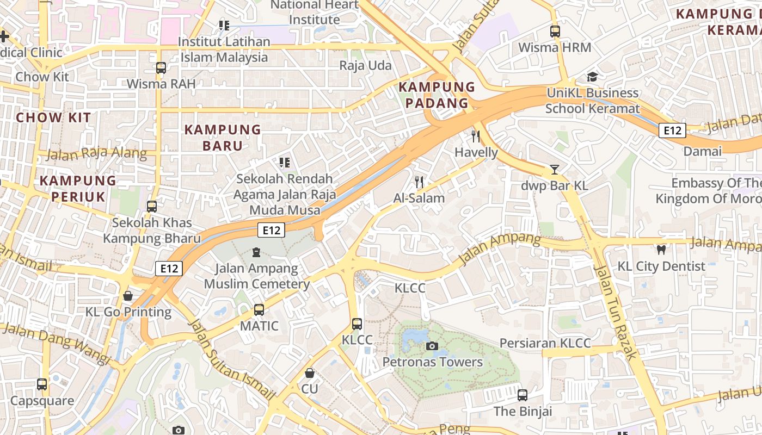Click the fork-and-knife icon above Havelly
(476, 136)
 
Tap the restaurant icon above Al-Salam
(419, 182)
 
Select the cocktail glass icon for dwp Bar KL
(554, 169)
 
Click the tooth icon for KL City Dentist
(661, 250)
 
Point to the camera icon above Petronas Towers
(432, 346)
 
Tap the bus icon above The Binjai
(523, 395)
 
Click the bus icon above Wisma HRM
(555, 32)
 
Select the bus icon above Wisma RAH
(161, 68)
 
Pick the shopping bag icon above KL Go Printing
(128, 296)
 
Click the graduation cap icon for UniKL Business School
(592, 77)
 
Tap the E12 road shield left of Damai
(672, 130)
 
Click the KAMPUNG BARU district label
(223, 138)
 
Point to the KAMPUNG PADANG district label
(437, 95)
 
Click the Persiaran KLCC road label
(545, 343)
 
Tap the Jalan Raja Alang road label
(96, 154)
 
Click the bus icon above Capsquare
(42, 384)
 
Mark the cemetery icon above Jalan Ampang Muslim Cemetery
(256, 252)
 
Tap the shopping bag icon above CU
(309, 373)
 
